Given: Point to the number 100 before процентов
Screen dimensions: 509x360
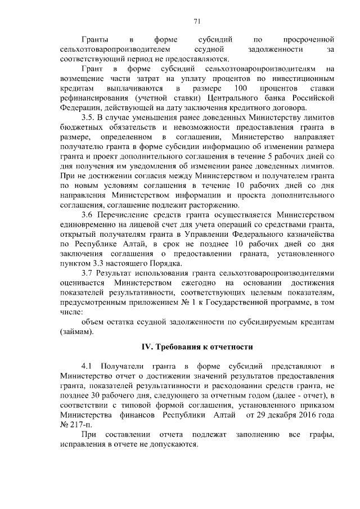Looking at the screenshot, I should (x=240, y=89).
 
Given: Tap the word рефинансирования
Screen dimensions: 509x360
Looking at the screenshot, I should (x=92, y=98).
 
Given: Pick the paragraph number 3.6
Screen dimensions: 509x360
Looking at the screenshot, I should (x=88, y=215).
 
